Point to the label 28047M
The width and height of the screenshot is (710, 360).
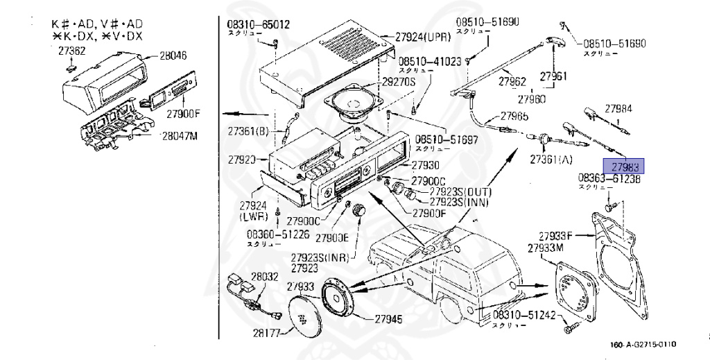point(180,135)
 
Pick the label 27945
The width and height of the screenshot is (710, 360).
point(388,319)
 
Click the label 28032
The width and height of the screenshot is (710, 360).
point(264,276)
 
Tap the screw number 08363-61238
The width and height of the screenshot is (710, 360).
point(609,178)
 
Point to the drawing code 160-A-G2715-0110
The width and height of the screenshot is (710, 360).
point(643,345)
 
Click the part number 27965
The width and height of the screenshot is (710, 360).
point(514,117)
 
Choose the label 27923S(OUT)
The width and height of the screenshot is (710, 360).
point(458,191)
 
